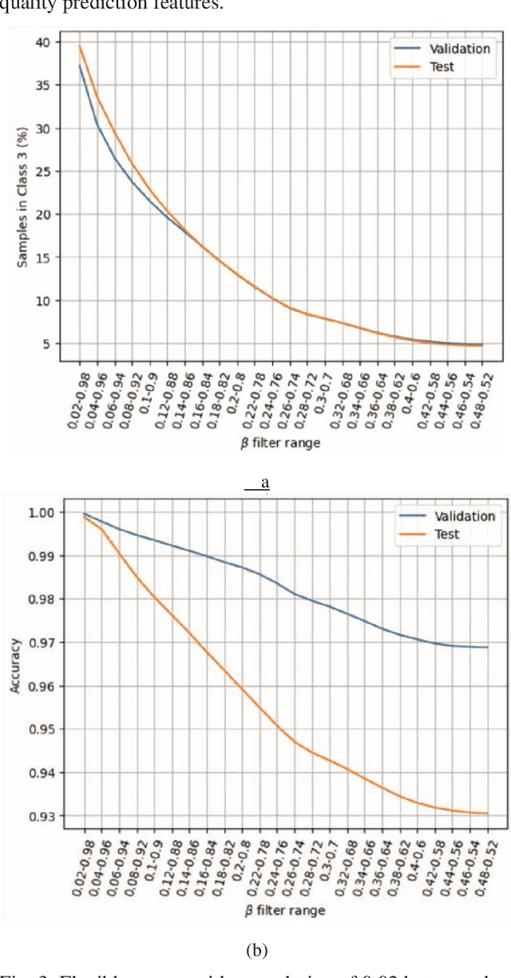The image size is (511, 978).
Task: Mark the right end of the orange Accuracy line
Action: tap(487, 813)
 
